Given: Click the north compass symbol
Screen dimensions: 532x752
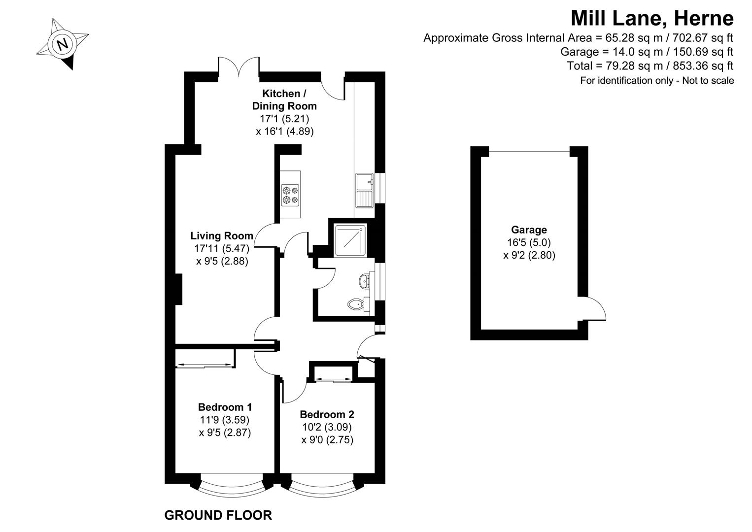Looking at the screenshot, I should click(x=62, y=44).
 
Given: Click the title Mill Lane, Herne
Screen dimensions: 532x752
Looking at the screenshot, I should click(x=651, y=18).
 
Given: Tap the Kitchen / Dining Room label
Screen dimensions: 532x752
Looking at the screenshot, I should click(x=284, y=100).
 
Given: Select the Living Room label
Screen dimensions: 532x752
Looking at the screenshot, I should click(x=222, y=236).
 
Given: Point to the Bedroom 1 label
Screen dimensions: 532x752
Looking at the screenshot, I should click(x=225, y=407).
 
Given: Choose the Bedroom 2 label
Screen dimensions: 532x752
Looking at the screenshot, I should click(x=327, y=415).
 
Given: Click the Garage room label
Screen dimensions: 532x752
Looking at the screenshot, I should click(x=529, y=230).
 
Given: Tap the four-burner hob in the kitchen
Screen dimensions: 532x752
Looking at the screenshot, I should click(x=290, y=195).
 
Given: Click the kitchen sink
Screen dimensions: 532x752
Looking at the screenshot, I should click(x=365, y=190).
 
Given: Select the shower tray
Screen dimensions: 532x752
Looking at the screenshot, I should click(x=351, y=240).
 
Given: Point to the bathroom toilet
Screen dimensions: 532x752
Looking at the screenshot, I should click(x=356, y=304).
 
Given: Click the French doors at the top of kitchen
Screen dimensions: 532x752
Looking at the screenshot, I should click(x=239, y=68).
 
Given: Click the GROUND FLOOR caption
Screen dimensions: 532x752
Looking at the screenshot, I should click(x=217, y=516).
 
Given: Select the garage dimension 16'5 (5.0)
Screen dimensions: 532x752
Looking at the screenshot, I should click(x=529, y=242).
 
